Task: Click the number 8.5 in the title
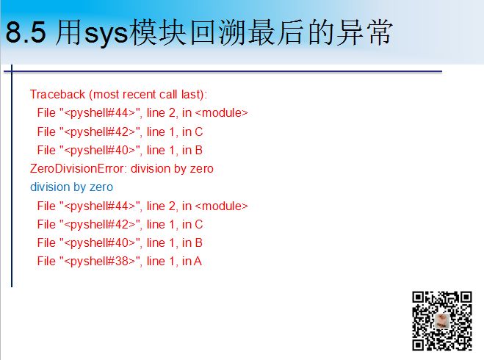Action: [26, 32]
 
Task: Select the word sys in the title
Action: [106, 34]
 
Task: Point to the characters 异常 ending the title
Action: [364, 32]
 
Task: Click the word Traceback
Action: [57, 95]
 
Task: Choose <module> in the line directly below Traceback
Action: [222, 112]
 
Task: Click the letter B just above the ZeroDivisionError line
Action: [199, 151]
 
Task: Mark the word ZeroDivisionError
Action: [77, 168]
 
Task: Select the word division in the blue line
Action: [50, 187]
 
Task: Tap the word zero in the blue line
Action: [101, 187]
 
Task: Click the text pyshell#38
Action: [99, 262]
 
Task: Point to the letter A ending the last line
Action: [198, 262]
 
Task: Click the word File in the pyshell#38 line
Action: [46, 262]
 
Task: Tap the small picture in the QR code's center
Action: [441, 321]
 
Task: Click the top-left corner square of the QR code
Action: [418, 297]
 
